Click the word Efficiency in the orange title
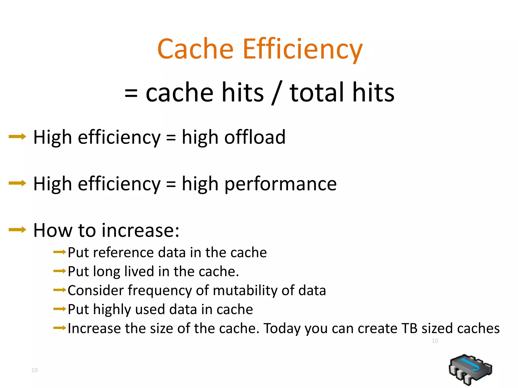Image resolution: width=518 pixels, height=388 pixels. point(303,49)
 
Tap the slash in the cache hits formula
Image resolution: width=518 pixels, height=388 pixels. point(277,93)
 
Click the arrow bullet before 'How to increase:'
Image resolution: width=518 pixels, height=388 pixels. point(17,230)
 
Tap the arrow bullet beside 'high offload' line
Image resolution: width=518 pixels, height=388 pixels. point(17,137)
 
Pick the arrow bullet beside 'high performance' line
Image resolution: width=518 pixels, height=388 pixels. point(17,183)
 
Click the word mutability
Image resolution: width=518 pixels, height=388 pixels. point(245,290)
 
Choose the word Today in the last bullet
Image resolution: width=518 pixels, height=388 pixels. point(282,329)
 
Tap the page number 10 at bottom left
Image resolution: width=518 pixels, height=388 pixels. point(34,370)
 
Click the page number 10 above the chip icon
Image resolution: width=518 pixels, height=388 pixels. point(435,341)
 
